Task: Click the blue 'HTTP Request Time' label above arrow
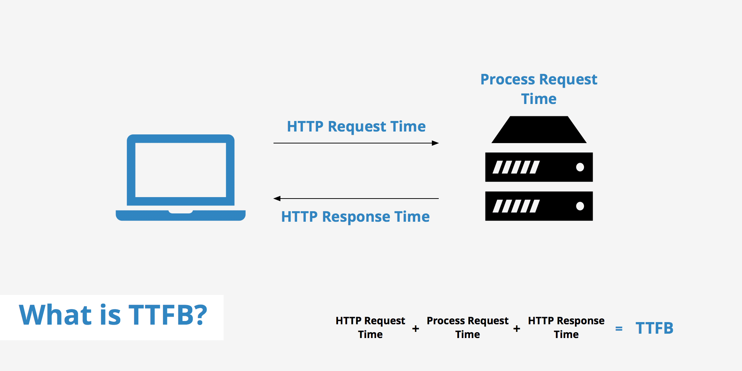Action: pos(356,126)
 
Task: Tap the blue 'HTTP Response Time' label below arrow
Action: pos(355,217)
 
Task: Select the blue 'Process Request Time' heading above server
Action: pos(539,89)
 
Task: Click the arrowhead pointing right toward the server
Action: pos(435,143)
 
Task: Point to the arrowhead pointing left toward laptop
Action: pos(277,199)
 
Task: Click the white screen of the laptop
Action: pos(180,170)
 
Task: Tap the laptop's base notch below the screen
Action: pos(180,211)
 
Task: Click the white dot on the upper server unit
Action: pos(580,167)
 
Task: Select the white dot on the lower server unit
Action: pos(580,206)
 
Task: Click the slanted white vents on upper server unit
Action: pos(516,167)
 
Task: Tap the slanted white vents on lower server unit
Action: pos(516,206)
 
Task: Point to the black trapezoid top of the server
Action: pos(539,130)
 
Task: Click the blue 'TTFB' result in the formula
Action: pos(654,328)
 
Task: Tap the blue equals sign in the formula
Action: pos(619,329)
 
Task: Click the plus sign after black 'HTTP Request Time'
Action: pos(416,329)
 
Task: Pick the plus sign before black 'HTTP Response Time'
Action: pos(517,329)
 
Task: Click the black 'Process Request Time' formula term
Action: pos(467,327)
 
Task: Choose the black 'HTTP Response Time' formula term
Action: pos(566,327)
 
